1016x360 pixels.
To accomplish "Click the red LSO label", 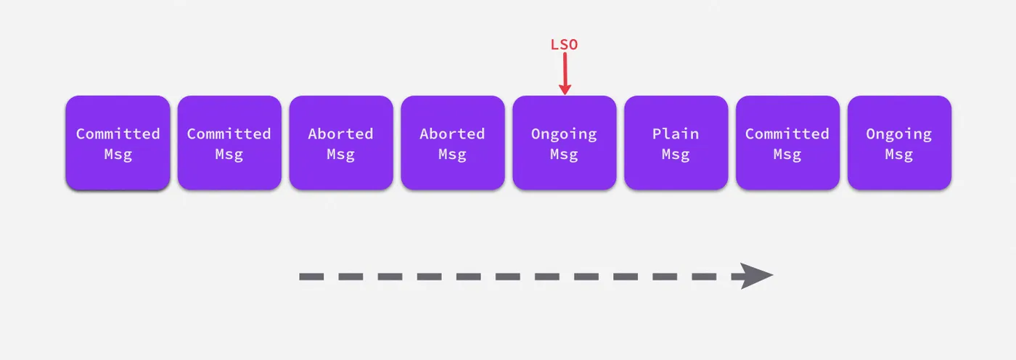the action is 565,44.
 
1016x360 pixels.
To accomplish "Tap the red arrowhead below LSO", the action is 565,89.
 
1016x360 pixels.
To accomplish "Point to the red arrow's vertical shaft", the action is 565,68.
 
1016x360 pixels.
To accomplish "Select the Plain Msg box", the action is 676,142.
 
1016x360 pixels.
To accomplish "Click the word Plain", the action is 676,134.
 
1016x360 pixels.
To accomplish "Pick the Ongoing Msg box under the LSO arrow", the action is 565,142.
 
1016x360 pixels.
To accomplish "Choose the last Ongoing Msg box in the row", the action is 899,142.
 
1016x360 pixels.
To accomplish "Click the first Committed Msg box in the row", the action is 118,142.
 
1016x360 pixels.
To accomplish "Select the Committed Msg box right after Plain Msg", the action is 787,142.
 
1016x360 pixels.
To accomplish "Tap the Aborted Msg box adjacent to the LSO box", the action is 453,142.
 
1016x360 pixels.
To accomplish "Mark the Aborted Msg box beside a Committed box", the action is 341,142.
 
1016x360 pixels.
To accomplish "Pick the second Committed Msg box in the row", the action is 229,142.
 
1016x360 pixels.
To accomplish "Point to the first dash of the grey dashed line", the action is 311,277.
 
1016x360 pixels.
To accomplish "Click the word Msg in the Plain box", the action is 676,155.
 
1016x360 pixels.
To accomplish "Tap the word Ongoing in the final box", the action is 899,134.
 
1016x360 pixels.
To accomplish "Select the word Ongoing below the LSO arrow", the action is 565,134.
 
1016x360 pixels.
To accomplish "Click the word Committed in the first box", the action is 118,134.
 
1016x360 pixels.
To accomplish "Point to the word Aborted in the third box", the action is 341,134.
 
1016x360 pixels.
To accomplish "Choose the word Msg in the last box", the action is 899,155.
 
